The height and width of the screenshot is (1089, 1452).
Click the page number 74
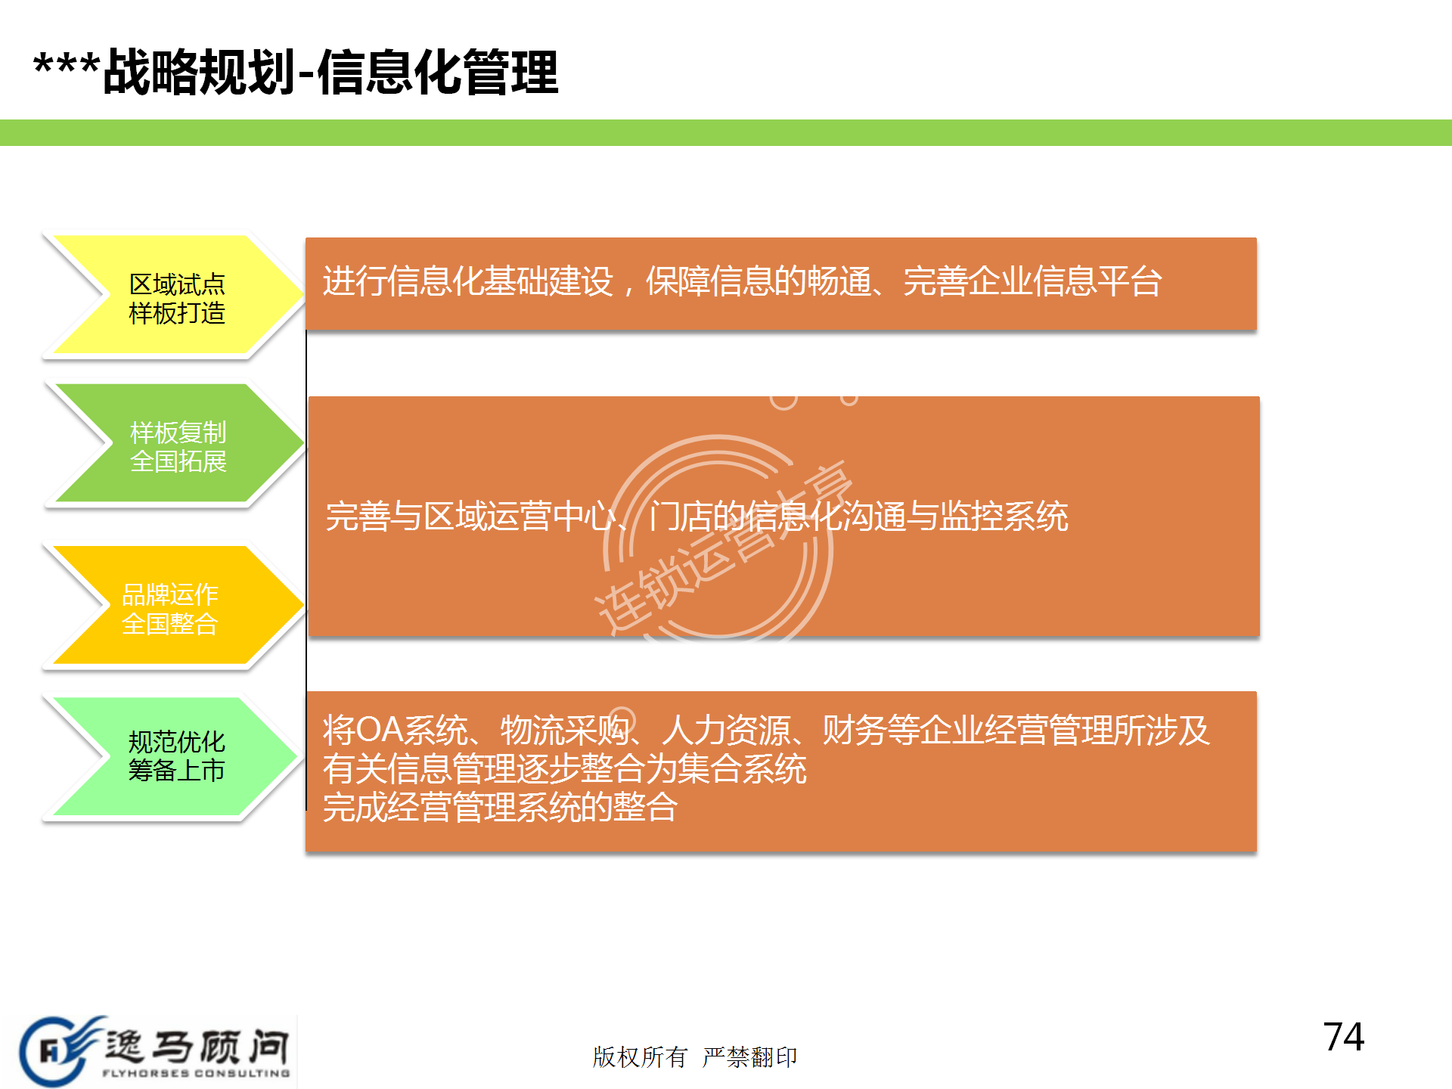click(x=1344, y=1037)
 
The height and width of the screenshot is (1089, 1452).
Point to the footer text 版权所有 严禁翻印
click(x=695, y=1056)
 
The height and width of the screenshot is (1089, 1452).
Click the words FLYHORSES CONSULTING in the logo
click(x=196, y=1073)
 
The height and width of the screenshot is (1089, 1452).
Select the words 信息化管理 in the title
click(x=438, y=73)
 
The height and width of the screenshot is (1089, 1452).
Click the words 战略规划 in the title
click(x=199, y=73)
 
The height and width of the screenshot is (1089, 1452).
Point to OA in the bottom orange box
click(x=380, y=730)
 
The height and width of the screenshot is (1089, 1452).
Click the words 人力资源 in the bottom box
click(x=727, y=730)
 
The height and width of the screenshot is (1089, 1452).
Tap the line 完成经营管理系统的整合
click(x=500, y=807)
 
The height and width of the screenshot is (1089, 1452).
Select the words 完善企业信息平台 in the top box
click(x=1033, y=281)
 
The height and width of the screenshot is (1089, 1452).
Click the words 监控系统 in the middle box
click(x=1004, y=517)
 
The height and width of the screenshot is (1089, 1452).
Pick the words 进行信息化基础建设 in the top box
click(x=468, y=281)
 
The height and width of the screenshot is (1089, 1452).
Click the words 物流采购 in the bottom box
click(x=565, y=730)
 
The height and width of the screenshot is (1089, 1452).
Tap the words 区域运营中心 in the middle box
click(x=520, y=517)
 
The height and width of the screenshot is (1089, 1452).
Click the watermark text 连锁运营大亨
click(x=724, y=548)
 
